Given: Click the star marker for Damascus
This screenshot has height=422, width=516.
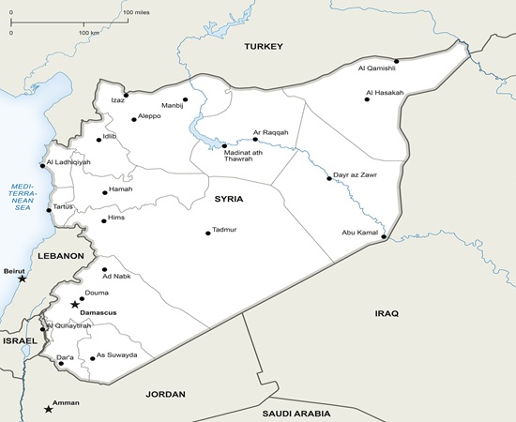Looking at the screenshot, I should pyautogui.click(x=75, y=304).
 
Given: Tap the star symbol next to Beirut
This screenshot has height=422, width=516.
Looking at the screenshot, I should pyautogui.click(x=23, y=279).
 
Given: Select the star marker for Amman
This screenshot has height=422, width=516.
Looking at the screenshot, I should pyautogui.click(x=49, y=409).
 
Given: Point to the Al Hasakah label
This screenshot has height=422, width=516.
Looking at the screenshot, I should pyautogui.click(x=385, y=92).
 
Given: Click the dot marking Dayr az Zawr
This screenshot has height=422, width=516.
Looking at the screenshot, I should pyautogui.click(x=329, y=178).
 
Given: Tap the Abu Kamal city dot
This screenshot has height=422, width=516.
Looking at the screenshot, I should pyautogui.click(x=384, y=237).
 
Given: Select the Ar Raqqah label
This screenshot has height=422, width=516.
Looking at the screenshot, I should pyautogui.click(x=270, y=132).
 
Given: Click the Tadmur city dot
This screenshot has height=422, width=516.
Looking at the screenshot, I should pyautogui.click(x=208, y=234).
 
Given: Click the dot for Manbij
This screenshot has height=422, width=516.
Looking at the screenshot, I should pyautogui.click(x=186, y=99).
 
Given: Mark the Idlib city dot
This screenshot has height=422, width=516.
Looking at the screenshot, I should pyautogui.click(x=99, y=140).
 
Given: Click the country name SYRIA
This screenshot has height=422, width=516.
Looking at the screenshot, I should pyautogui.click(x=228, y=199).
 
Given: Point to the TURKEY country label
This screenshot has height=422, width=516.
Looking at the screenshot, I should pyautogui.click(x=264, y=46).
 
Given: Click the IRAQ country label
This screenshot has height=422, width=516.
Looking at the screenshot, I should pyautogui.click(x=387, y=313).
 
